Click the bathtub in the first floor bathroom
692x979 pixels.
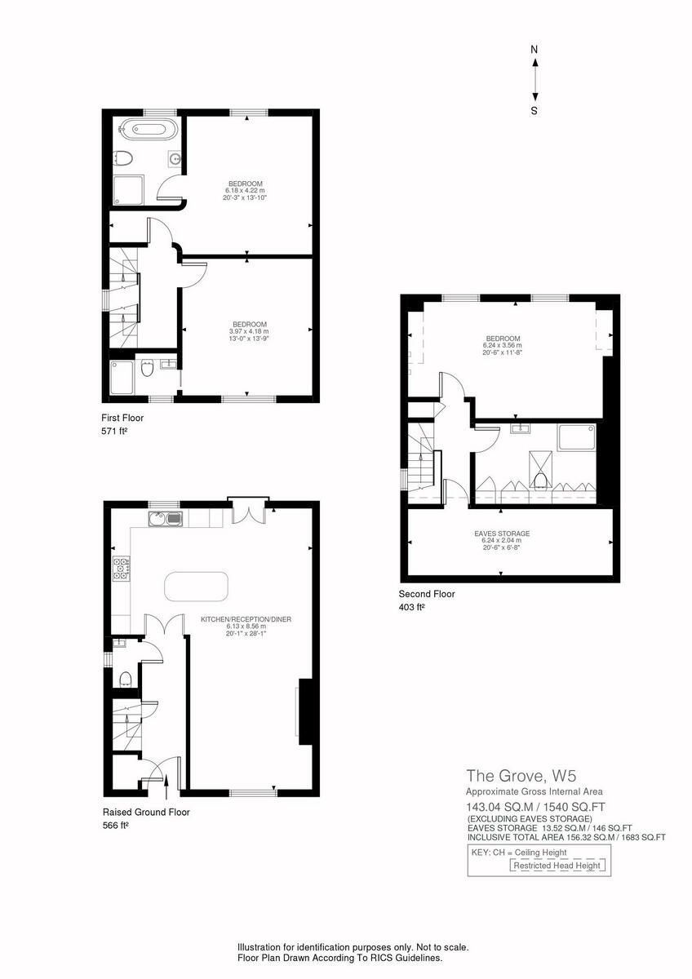coord(144,128)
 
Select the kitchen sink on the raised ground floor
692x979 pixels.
coord(166,519)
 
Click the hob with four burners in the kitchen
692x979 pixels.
coord(122,568)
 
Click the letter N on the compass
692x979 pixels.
coord(535,50)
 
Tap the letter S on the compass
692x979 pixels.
coord(535,111)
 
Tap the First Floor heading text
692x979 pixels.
coord(122,418)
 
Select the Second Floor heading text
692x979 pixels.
coord(427,594)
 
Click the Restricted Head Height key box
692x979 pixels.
coord(559,866)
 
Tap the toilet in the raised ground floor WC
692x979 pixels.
coord(125,680)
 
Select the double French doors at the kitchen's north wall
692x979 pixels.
coord(246,512)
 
